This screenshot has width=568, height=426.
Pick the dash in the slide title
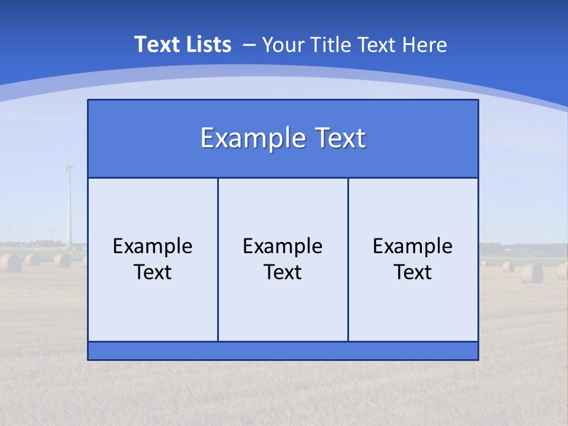pyautogui.click(x=249, y=45)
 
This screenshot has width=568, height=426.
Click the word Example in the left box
pyautogui.click(x=153, y=246)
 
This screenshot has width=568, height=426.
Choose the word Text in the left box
pyautogui.click(x=153, y=272)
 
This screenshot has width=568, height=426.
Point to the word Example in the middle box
pyautogui.click(x=283, y=246)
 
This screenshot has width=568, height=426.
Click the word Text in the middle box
pyautogui.click(x=283, y=272)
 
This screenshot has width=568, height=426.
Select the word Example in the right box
pyautogui.click(x=412, y=246)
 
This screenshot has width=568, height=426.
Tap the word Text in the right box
pyautogui.click(x=412, y=272)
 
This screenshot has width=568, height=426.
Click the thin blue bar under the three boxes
pyautogui.click(x=283, y=351)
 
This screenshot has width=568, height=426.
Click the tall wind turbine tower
pyautogui.click(x=69, y=213)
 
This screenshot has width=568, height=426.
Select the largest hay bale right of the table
pyautogui.click(x=531, y=273)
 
